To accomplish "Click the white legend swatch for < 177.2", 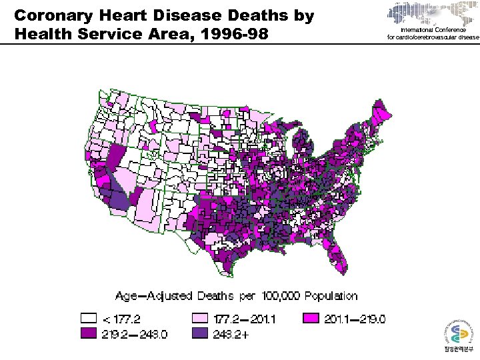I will click(88, 319).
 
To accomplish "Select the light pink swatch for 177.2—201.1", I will click(199, 319).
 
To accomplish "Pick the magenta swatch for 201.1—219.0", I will click(311, 319).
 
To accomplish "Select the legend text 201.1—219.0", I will click(355, 319).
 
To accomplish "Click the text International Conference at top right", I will click(433, 31).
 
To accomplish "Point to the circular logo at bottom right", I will click(453, 334).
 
